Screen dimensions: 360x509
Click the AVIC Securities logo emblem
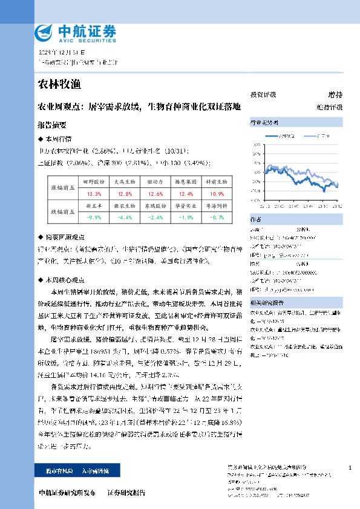45,31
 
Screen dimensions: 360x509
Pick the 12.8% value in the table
125,194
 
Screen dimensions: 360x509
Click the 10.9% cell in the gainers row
217,194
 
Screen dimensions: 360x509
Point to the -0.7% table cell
217,217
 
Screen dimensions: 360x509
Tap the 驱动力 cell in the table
155,181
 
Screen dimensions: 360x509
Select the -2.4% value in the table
155,217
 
